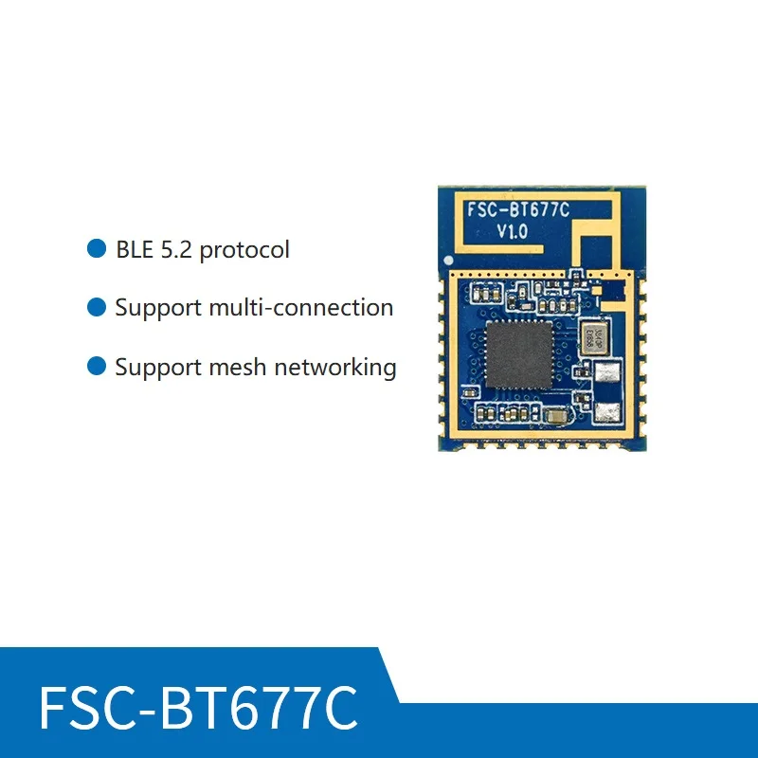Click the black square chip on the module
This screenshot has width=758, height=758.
[518, 352]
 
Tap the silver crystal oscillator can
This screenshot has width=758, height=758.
[588, 336]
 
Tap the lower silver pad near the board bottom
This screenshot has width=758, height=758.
[607, 412]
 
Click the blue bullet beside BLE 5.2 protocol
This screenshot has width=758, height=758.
[96, 249]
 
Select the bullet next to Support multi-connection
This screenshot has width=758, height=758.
[96, 307]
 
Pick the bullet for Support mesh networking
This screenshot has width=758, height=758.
[96, 366]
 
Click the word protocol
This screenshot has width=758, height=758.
[244, 251]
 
